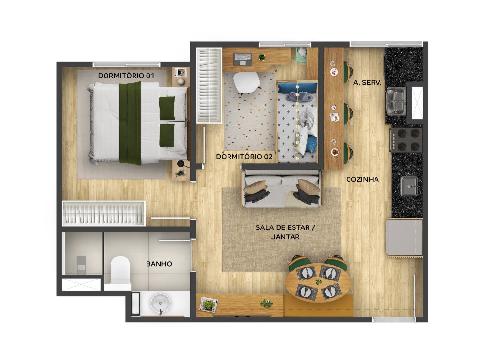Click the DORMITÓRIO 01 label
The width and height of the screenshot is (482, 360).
[x=126, y=76]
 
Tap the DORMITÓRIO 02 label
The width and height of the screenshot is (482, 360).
[x=244, y=157]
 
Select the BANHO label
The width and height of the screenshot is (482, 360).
[x=159, y=264]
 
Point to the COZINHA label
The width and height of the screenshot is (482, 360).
[x=362, y=179]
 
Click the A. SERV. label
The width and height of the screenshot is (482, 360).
[x=367, y=83]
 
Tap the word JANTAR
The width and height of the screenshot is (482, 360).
[x=285, y=237]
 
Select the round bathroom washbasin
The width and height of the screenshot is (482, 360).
[x=160, y=303]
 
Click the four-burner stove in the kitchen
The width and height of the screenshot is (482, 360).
[x=406, y=140]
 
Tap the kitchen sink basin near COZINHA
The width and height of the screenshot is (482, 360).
[x=409, y=187]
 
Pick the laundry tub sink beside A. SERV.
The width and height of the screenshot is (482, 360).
[x=396, y=100]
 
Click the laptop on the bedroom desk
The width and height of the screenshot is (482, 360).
[x=243, y=59]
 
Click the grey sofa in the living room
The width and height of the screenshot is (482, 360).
[x=281, y=188]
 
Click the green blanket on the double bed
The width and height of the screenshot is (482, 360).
[x=130, y=123]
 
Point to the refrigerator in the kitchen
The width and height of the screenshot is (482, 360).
[x=404, y=237]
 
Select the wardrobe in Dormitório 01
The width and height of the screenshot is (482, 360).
[x=104, y=213]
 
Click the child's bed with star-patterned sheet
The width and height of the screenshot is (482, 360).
[x=297, y=121]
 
